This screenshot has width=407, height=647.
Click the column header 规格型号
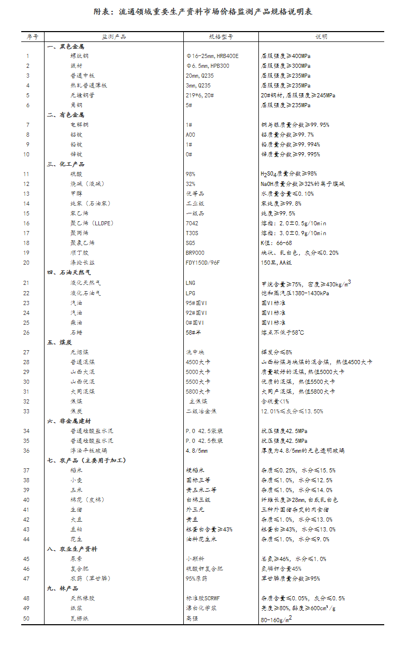[x=221, y=37]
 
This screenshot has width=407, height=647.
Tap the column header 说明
[x=322, y=37]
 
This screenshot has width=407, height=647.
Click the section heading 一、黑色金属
[x=65, y=47]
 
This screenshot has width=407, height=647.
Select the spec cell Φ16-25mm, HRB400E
[x=212, y=56]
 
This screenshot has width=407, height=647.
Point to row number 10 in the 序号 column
[x=28, y=154]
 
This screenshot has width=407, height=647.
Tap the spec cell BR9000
[x=195, y=253]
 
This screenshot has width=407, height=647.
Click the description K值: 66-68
[x=277, y=243]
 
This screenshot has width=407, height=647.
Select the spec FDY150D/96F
[x=202, y=263]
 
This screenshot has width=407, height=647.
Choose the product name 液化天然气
[x=85, y=283]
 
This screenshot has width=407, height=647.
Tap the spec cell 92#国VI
[x=196, y=313]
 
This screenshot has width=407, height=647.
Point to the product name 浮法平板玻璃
[x=89, y=451]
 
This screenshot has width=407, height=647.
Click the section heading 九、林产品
[x=62, y=588]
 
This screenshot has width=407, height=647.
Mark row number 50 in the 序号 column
[x=28, y=618]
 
